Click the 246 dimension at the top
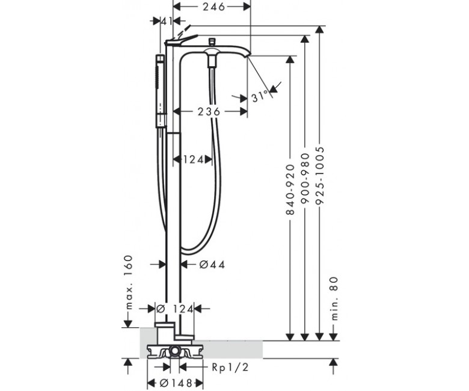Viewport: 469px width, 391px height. pyautogui.click(x=213, y=7)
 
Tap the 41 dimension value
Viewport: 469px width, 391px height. pyautogui.click(x=167, y=21)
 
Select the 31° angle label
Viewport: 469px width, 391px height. pyautogui.click(x=260, y=97)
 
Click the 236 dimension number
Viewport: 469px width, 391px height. pyautogui.click(x=209, y=112)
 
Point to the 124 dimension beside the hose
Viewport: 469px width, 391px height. pyautogui.click(x=193, y=159)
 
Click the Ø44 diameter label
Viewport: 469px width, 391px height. pyautogui.click(x=212, y=265)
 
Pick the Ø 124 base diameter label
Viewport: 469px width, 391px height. pyautogui.click(x=175, y=309)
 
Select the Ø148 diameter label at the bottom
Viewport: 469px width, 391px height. pyautogui.click(x=176, y=383)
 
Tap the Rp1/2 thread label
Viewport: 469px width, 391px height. pyautogui.click(x=230, y=367)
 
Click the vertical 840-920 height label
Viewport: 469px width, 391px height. pyautogui.click(x=290, y=189)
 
